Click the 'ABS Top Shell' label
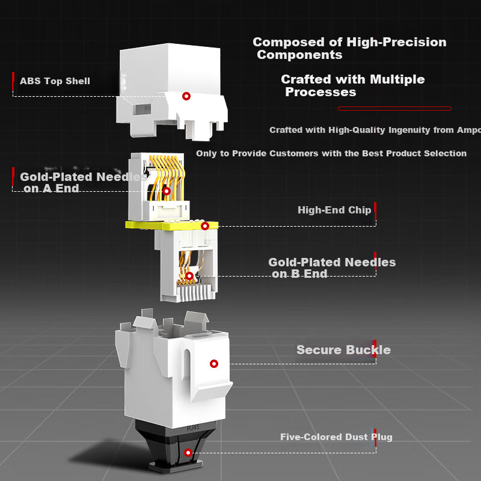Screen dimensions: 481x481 55,81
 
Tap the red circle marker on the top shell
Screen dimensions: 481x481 186,96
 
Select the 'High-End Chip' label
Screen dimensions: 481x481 334,210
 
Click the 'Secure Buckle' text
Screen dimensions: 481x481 343,350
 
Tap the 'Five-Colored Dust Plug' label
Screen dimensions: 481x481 336,437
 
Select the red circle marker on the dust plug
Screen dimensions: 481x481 188,452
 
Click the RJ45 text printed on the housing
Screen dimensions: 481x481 193,427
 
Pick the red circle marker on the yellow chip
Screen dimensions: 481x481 205,226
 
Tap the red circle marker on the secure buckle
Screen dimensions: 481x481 213,363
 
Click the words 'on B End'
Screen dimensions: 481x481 299,274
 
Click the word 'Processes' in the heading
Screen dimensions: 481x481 320,92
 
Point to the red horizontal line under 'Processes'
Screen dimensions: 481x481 394,108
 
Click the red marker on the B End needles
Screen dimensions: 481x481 189,276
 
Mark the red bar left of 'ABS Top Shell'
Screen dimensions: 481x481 13,81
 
